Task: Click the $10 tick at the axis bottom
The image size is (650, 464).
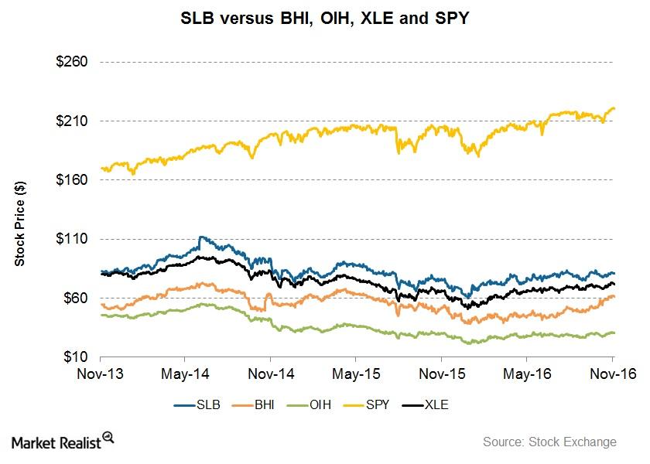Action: pyautogui.click(x=76, y=357)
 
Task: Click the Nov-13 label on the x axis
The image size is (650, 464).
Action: pyautogui.click(x=101, y=374)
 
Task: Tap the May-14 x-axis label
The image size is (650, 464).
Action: pyautogui.click(x=185, y=374)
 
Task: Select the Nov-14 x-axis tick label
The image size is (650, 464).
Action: pyautogui.click(x=270, y=374)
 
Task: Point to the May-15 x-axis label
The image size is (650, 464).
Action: pyautogui.click(x=355, y=374)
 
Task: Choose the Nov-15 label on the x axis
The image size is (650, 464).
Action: pyautogui.click(x=441, y=374)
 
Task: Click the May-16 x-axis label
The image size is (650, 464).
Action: pyautogui.click(x=526, y=374)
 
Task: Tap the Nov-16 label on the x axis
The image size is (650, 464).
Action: pyautogui.click(x=612, y=374)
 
